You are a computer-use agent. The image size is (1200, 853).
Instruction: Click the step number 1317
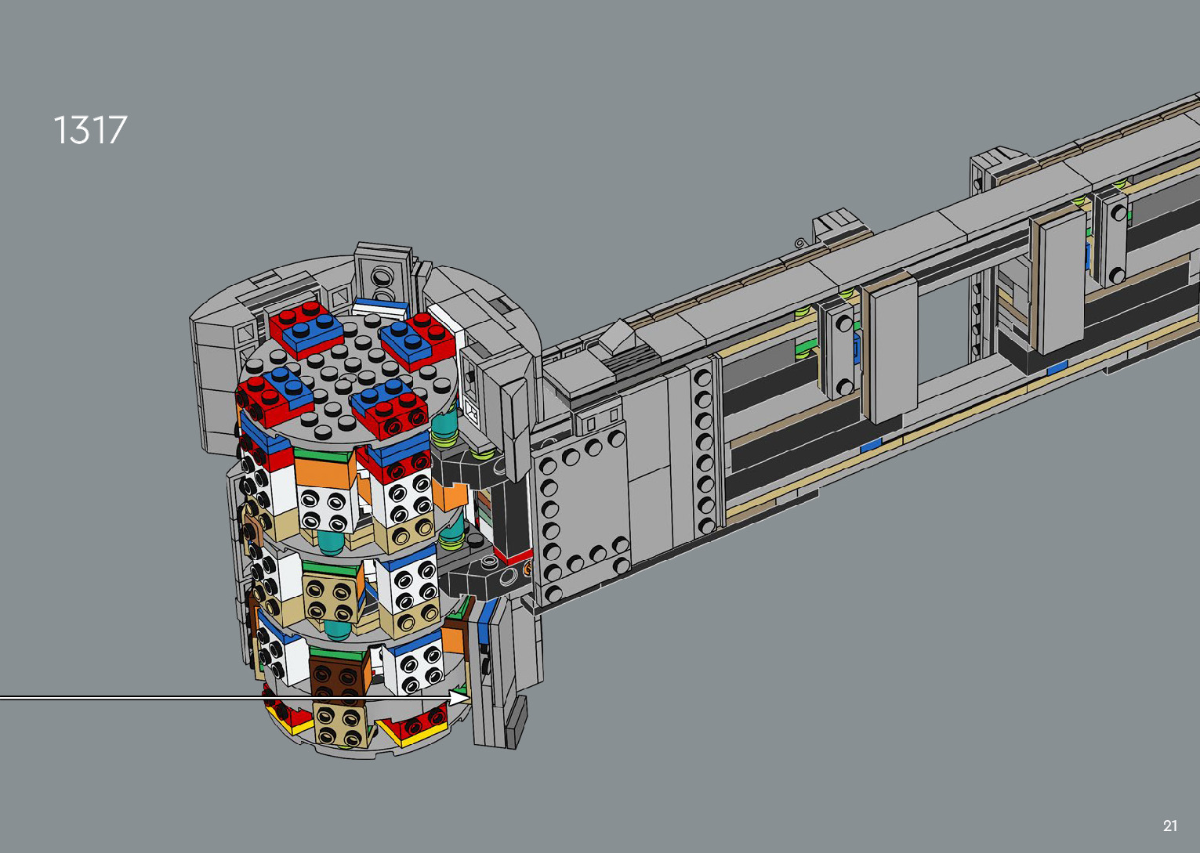[91, 130]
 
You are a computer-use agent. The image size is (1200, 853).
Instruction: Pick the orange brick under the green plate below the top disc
[324, 472]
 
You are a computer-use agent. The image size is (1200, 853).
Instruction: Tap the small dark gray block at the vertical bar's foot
[515, 722]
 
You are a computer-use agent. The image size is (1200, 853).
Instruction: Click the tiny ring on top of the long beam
[799, 243]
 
